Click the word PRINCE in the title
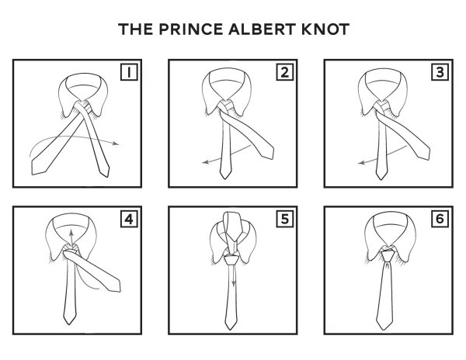click(x=190, y=29)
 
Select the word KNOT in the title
click(x=325, y=29)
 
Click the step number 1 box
click(x=129, y=72)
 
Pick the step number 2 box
click(x=285, y=72)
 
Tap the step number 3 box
click(x=440, y=72)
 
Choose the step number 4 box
click(x=129, y=219)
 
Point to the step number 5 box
click(x=285, y=219)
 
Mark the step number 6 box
click(x=440, y=219)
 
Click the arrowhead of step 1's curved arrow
click(x=116, y=144)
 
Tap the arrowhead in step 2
click(x=205, y=162)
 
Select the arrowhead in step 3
click(x=361, y=163)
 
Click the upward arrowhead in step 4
click(x=71, y=232)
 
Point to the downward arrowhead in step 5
click(x=234, y=283)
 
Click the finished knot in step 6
click(x=388, y=256)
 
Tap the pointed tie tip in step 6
click(x=384, y=329)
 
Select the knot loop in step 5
click(x=231, y=259)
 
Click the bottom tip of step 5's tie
click(x=230, y=329)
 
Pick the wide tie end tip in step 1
click(x=33, y=174)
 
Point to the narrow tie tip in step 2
click(x=225, y=178)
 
